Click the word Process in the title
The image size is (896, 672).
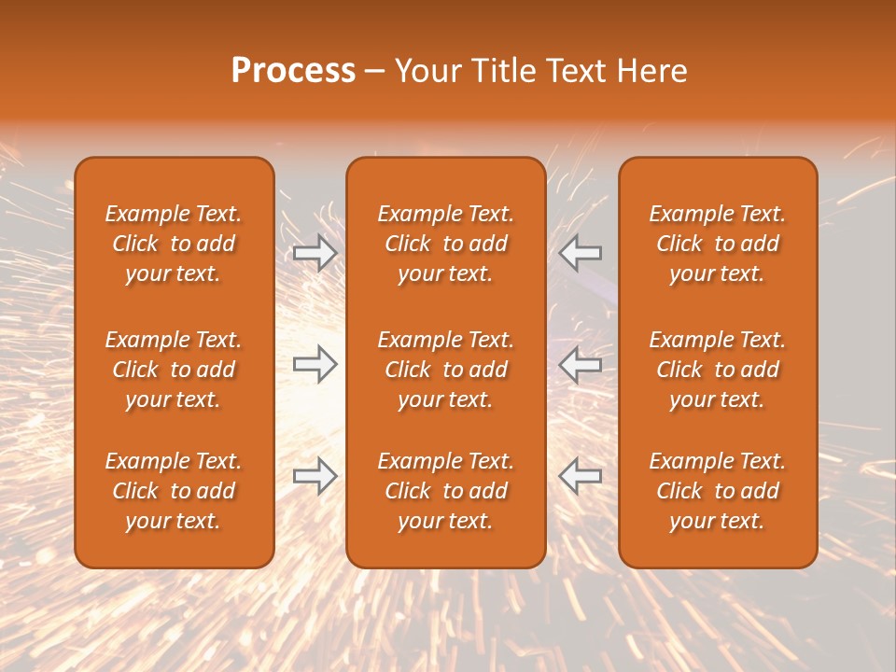pos(293,71)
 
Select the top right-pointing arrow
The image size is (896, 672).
pos(315,253)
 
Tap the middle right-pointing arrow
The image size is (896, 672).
pos(315,364)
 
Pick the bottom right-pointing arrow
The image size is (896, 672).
pos(315,476)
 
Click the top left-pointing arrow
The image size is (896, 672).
pos(581,253)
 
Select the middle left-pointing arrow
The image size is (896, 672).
pos(581,364)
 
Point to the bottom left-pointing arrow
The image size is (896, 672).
pos(581,476)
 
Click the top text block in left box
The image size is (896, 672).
pos(174,244)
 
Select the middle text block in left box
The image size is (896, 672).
pos(174,370)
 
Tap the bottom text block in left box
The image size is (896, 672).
pos(174,491)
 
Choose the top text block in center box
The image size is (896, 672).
pos(446,244)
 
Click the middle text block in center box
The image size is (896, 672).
pos(446,370)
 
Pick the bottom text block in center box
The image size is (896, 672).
pos(446,491)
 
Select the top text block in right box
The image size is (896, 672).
pos(718,244)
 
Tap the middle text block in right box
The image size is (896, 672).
pos(718,370)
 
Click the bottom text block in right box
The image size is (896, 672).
pos(718,491)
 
